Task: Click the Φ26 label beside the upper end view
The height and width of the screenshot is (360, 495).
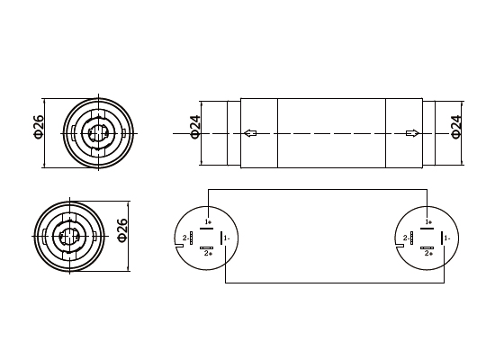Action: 38,127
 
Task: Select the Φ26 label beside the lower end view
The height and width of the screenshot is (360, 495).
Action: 122,230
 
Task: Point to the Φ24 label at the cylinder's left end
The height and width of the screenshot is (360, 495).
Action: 195,127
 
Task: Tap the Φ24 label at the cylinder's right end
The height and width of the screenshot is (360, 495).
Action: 456,127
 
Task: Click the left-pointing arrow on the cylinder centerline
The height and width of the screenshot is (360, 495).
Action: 250,133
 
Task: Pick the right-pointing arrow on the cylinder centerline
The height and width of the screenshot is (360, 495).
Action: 412,133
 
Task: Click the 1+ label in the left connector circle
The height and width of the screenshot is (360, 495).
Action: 208,221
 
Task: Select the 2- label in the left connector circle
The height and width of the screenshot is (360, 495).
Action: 185,238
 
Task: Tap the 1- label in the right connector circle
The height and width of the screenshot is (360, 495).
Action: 447,238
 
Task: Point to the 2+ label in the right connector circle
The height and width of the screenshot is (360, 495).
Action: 428,253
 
